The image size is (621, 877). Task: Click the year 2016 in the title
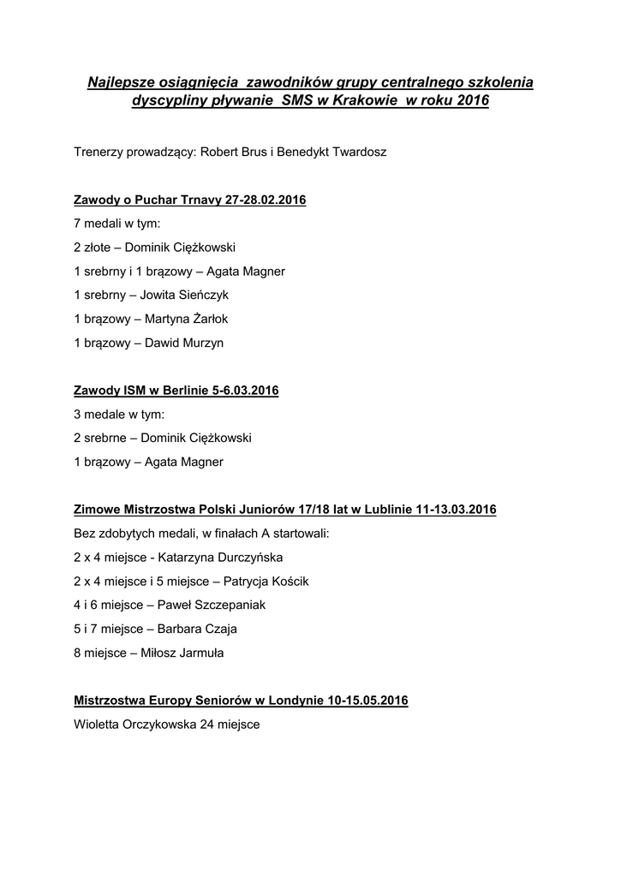click(x=473, y=100)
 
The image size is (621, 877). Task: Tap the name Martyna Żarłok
click(x=187, y=319)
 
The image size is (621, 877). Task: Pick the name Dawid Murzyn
click(x=184, y=343)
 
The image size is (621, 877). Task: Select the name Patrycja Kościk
click(x=266, y=581)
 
